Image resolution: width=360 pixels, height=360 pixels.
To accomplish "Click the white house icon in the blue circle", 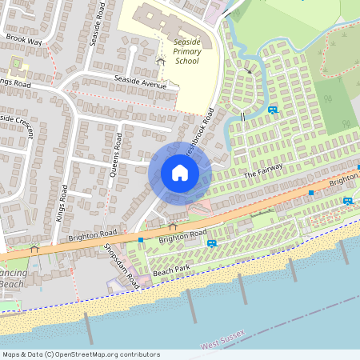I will [x=180, y=172].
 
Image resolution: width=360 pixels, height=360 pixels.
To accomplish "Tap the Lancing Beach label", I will [x=11, y=278].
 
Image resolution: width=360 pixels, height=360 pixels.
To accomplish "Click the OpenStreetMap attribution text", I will [x=81, y=354].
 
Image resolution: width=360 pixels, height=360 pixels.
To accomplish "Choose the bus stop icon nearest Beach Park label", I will [x=211, y=242].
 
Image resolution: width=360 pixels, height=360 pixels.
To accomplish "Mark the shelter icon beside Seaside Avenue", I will [x=160, y=61].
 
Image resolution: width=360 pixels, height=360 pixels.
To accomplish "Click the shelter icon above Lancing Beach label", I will [x=34, y=249].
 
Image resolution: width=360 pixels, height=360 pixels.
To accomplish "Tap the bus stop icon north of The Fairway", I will [x=274, y=110].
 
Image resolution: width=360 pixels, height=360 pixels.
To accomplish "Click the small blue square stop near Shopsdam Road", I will [x=141, y=239].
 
